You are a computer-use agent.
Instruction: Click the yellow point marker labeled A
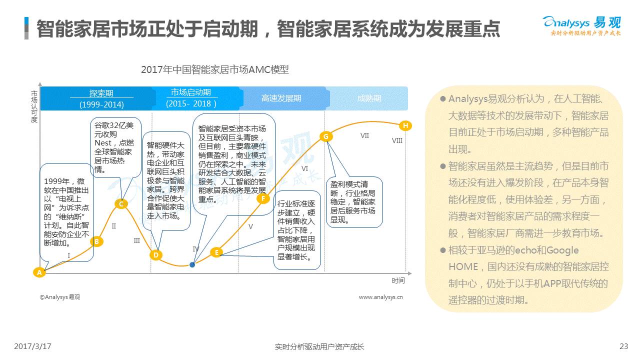pyautogui.click(x=39, y=272)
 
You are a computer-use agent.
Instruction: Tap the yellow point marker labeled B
pyautogui.click(x=97, y=241)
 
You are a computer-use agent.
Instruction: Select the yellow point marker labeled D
pyautogui.click(x=155, y=255)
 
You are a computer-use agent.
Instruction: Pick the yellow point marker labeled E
pyautogui.click(x=216, y=252)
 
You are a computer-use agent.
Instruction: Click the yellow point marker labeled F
pyautogui.click(x=263, y=198)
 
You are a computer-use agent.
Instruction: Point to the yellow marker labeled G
pyautogui.click(x=326, y=136)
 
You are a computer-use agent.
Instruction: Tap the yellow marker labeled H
pyautogui.click(x=405, y=125)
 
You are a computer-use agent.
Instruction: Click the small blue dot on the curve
pyautogui.click(x=192, y=265)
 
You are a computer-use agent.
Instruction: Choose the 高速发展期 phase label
pyautogui.click(x=281, y=98)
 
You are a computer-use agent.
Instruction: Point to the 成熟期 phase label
pyautogui.click(x=369, y=98)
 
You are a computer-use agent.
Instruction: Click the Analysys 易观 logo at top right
pyautogui.click(x=582, y=26)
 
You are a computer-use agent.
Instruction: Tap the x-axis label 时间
pyautogui.click(x=398, y=280)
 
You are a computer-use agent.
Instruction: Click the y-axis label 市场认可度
pyautogui.click(x=34, y=106)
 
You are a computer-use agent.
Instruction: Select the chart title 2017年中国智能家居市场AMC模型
pyautogui.click(x=215, y=69)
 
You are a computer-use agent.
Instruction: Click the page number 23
pyautogui.click(x=623, y=346)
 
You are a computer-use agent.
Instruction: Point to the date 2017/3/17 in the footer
pyautogui.click(x=32, y=346)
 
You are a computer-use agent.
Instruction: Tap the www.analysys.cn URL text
pyautogui.click(x=381, y=297)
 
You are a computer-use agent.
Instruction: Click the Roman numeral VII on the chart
pyautogui.click(x=364, y=135)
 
